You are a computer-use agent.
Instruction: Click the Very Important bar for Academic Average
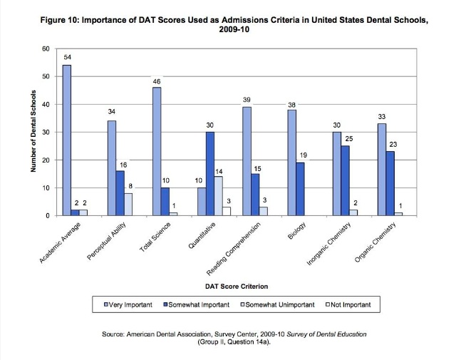(67, 140)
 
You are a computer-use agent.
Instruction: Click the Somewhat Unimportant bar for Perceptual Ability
(128, 204)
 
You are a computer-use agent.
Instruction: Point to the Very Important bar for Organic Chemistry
(381, 170)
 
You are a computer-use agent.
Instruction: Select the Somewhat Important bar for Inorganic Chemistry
(345, 180)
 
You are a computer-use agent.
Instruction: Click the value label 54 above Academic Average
(67, 56)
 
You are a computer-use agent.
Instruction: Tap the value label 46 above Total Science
(157, 82)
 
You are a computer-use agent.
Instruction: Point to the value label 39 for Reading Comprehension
(247, 101)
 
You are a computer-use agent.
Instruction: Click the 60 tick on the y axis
(46, 48)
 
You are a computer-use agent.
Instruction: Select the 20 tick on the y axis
(46, 160)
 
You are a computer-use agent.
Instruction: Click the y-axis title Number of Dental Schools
(33, 132)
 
